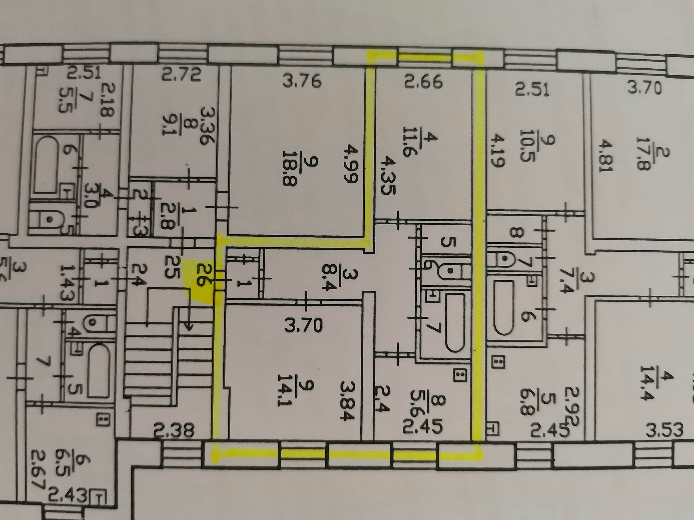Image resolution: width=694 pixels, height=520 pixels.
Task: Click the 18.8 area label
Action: pos(290,173)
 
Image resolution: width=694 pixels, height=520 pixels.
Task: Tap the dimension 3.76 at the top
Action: pos(302,82)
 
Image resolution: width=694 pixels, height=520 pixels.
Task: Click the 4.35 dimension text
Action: pos(386,176)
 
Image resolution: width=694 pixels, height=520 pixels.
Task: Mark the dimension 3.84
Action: pos(348,400)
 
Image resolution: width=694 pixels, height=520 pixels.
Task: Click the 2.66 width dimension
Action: pos(423,82)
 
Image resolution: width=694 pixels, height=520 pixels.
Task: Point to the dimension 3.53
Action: pos(664,430)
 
